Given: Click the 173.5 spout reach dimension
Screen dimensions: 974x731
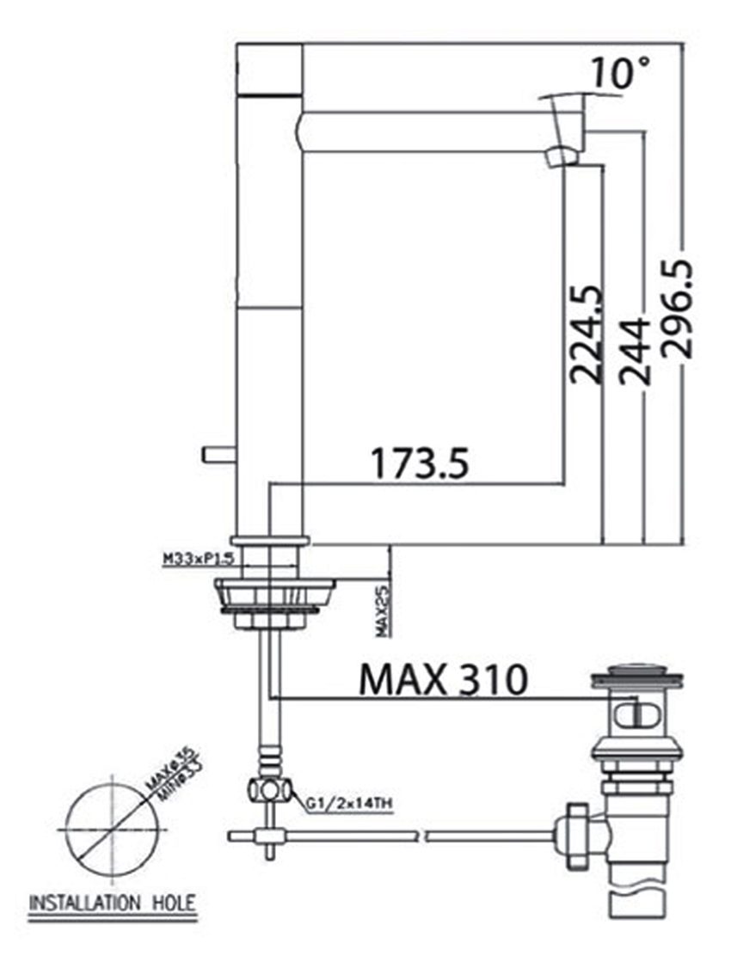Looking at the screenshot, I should (421, 463).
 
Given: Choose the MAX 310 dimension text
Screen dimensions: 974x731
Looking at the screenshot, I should (442, 680).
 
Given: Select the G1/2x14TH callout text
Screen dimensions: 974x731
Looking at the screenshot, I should (349, 805).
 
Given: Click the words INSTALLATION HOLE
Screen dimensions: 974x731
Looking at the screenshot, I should (113, 904).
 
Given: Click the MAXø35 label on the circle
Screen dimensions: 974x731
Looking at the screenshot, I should (160, 784).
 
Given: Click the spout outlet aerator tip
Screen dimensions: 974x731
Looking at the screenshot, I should (563, 156).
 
